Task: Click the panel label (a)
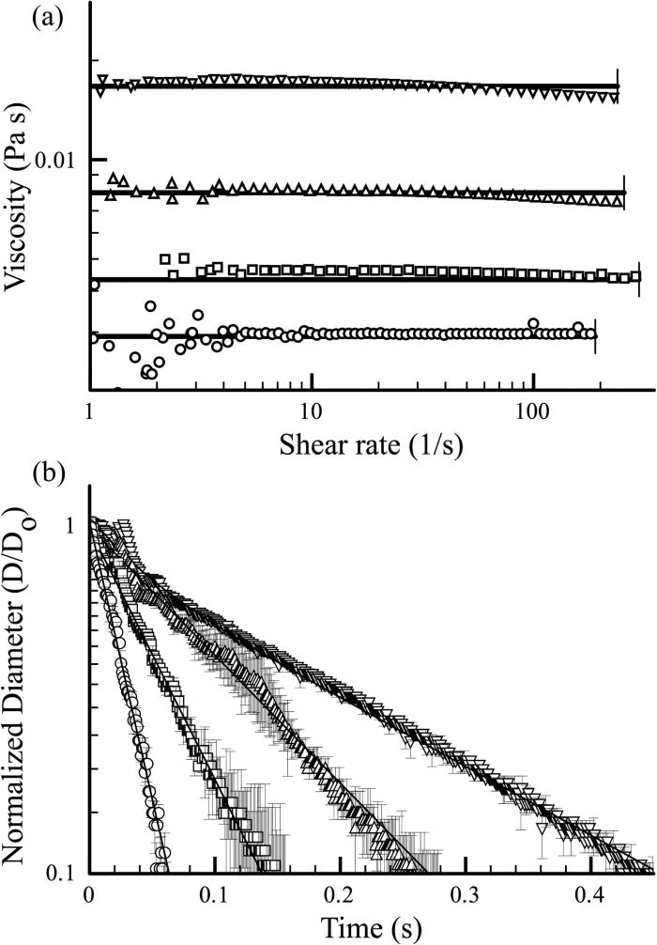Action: tap(20, 18)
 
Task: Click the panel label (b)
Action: tap(20, 473)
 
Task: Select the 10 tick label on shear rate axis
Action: tap(311, 411)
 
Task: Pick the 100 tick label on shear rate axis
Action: tap(532, 411)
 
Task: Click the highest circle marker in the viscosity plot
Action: tap(150, 305)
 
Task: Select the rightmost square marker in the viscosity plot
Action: tap(636, 276)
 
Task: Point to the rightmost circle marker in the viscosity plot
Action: tap(590, 333)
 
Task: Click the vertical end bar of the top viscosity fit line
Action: tap(617, 85)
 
